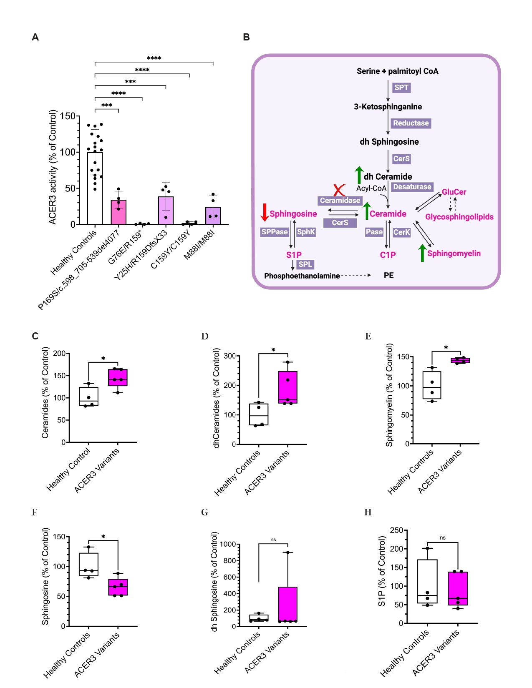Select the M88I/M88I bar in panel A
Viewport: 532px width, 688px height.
pyautogui.click(x=213, y=216)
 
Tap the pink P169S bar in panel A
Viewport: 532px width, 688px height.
pyautogui.click(x=119, y=212)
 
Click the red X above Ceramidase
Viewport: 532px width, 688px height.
pyautogui.click(x=339, y=190)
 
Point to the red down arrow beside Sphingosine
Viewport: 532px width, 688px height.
pyautogui.click(x=264, y=212)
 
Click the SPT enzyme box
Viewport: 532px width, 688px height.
pyautogui.click(x=401, y=88)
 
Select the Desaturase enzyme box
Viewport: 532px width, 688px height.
pyautogui.click(x=412, y=187)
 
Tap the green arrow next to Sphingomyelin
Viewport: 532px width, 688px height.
pyautogui.click(x=422, y=253)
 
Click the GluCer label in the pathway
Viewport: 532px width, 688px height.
pyautogui.click(x=454, y=192)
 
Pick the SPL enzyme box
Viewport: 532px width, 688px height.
pyautogui.click(x=305, y=264)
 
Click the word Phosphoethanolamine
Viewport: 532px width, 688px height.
pyautogui.click(x=302, y=276)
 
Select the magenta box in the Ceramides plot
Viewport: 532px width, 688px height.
pyautogui.click(x=118, y=377)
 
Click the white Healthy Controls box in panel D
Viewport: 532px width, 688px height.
pyautogui.click(x=259, y=414)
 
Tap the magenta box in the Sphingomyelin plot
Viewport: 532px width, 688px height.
pyautogui.click(x=460, y=360)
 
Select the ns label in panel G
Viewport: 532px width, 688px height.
pyautogui.click(x=273, y=540)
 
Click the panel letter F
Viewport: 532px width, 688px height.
pyautogui.click(x=35, y=512)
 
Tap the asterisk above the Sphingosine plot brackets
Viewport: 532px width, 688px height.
pyautogui.click(x=103, y=537)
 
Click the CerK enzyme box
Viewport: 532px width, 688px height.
pyautogui.click(x=401, y=232)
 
